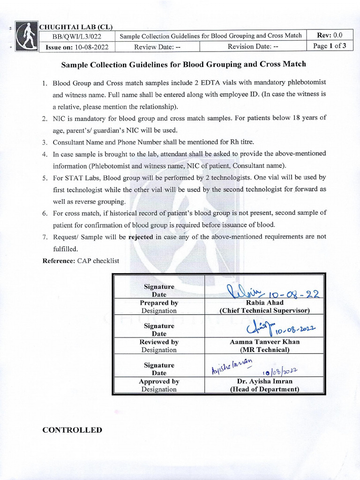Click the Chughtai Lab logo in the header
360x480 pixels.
click(26, 37)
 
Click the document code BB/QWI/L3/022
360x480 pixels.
click(76, 36)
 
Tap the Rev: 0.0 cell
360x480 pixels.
click(330, 35)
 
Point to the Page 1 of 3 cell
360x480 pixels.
click(330, 46)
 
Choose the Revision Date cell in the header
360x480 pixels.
click(253, 46)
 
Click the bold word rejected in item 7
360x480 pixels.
click(141, 237)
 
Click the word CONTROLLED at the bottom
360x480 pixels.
click(72, 430)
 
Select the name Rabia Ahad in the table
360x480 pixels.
click(264, 303)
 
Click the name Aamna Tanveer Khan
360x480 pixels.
click(264, 342)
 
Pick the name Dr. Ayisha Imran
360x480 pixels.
click(264, 381)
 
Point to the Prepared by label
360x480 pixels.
click(159, 303)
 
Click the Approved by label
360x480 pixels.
click(159, 382)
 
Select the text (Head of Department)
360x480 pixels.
click(264, 389)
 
